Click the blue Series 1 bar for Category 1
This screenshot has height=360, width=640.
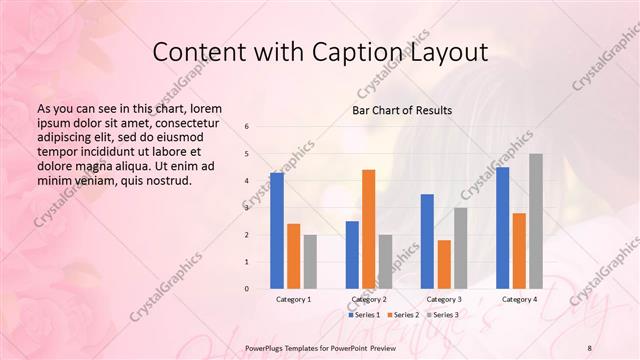pyautogui.click(x=277, y=231)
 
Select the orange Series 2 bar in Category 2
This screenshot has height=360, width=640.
pyautogui.click(x=369, y=229)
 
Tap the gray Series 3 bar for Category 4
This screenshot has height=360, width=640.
pyautogui.click(x=536, y=221)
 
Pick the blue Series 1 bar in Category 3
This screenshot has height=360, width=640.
pyautogui.click(x=427, y=241)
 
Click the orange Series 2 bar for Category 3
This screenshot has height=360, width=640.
pyautogui.click(x=444, y=264)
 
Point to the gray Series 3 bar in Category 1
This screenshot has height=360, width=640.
pyautogui.click(x=310, y=262)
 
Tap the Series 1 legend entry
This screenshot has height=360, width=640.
pyautogui.click(x=366, y=315)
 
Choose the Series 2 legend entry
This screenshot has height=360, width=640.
pyautogui.click(x=403, y=315)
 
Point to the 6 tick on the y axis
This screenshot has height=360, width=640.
pyautogui.click(x=247, y=127)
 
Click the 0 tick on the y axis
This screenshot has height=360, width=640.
pyautogui.click(x=247, y=289)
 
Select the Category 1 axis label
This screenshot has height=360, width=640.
pyautogui.click(x=293, y=299)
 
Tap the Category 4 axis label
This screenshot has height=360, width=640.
pyautogui.click(x=519, y=299)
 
